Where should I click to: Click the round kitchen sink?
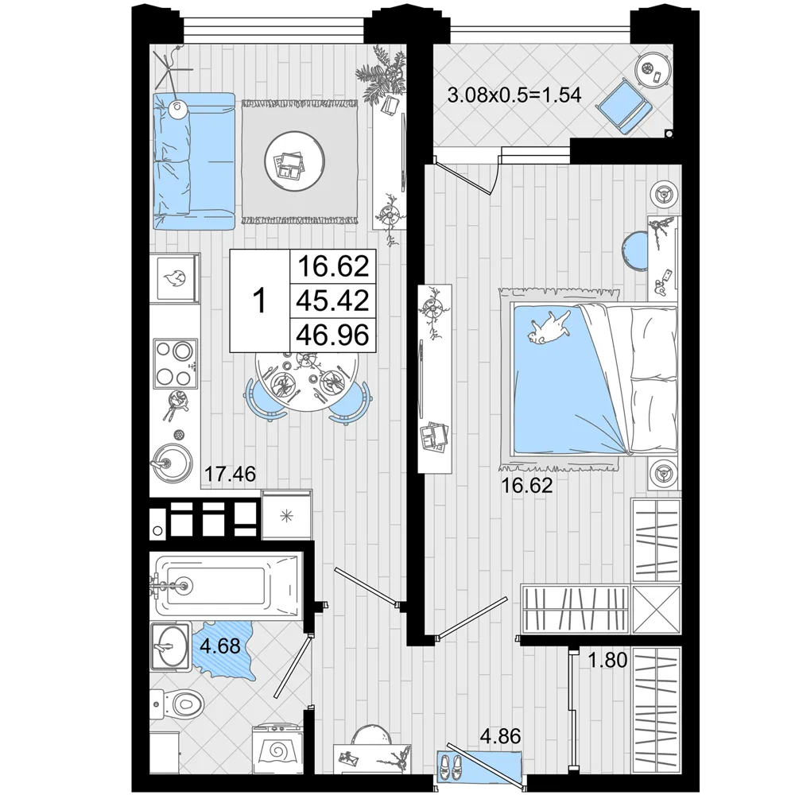[x=173, y=462]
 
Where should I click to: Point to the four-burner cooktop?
[x=175, y=363]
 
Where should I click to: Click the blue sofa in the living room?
[x=193, y=161]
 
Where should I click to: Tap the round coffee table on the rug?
[x=295, y=161]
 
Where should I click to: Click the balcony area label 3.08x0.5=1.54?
[x=514, y=95]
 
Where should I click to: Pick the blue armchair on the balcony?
[x=623, y=106]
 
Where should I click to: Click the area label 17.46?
[x=230, y=475]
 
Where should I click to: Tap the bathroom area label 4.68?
[x=219, y=646]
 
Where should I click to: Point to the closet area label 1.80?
[x=607, y=660]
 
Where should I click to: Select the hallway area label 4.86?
[x=500, y=736]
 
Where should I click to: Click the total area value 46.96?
[x=332, y=335]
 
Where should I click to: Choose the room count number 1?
[x=260, y=301]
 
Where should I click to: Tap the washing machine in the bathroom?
[x=277, y=749]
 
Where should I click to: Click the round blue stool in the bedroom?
[x=635, y=250]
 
